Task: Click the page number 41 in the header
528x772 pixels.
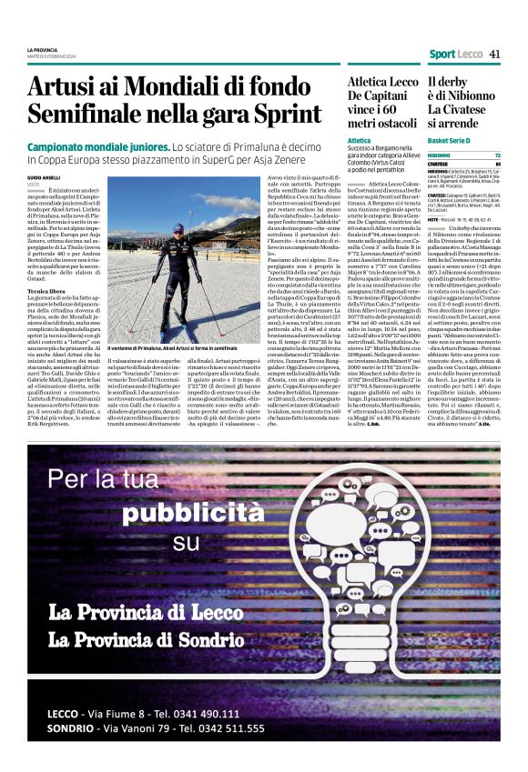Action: pyautogui.click(x=494, y=55)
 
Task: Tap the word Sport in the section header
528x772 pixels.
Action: pyautogui.click(x=443, y=55)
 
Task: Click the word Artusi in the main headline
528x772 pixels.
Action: pyautogui.click(x=63, y=87)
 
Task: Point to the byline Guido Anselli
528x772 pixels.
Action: pyautogui.click(x=43, y=177)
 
